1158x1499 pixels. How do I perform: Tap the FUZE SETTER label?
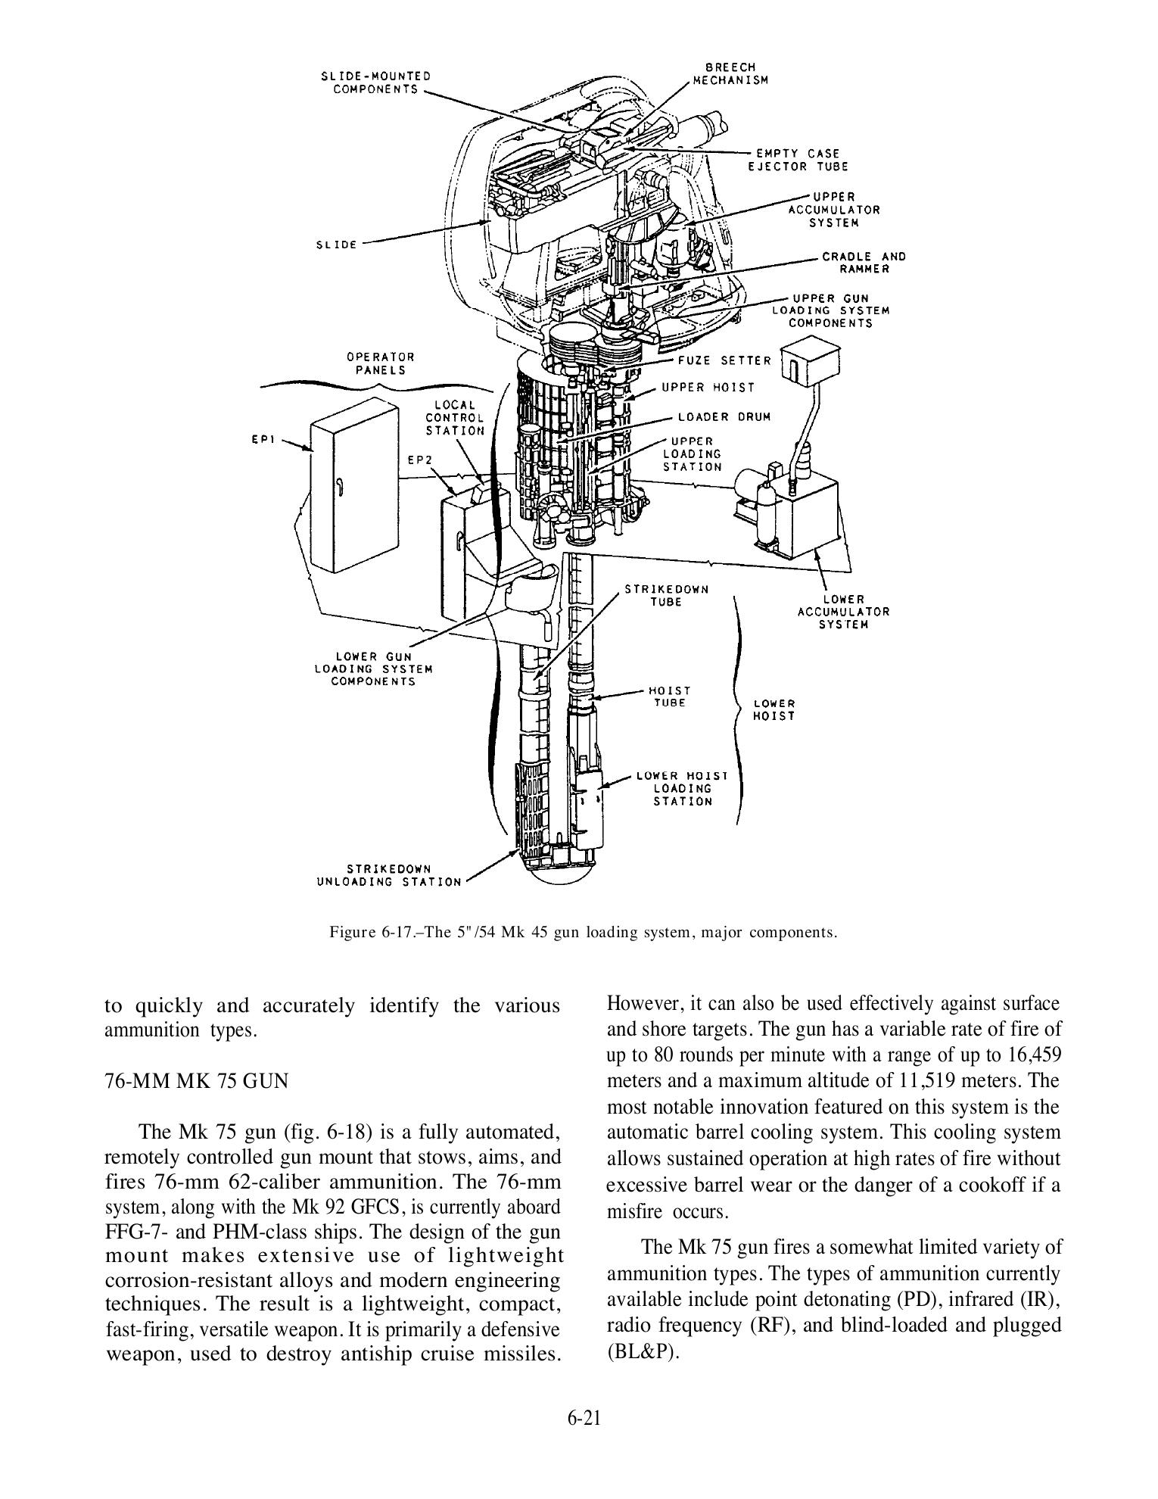(714, 361)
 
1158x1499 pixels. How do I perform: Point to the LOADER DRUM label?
(724, 417)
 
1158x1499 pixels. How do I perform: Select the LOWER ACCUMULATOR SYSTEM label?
(844, 612)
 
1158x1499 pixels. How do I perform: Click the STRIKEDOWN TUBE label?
(666, 595)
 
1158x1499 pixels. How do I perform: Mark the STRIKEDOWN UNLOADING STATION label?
(389, 875)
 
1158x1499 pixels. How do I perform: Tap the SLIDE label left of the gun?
(337, 245)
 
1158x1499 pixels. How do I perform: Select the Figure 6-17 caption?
(584, 932)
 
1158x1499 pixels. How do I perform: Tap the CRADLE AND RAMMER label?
(864, 263)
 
